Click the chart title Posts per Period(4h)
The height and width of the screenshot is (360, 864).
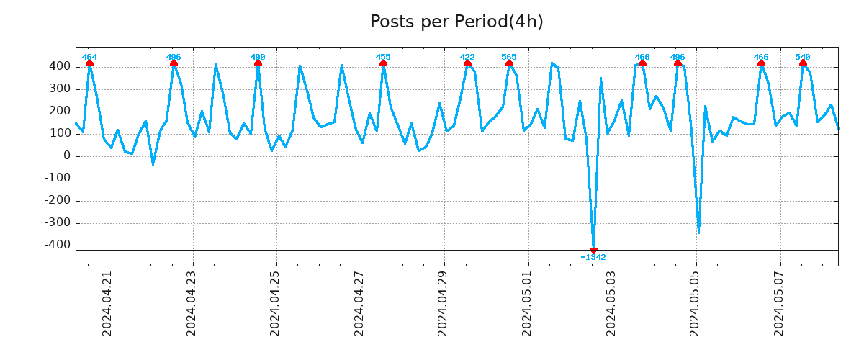point(456,22)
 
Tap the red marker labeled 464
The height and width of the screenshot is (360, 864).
point(89,63)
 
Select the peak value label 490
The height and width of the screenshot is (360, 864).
point(258,57)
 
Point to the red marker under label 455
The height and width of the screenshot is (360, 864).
point(383,63)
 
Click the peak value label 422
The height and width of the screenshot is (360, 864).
point(467,57)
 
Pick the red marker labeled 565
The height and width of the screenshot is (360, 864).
point(509,63)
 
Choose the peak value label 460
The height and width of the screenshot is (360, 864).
point(642,57)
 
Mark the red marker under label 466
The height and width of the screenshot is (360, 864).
point(761,63)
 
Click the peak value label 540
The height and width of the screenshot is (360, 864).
point(803,57)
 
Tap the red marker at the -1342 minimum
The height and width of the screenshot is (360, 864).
point(593,250)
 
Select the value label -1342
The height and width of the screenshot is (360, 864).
point(593,257)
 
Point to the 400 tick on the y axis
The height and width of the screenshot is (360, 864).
point(60,66)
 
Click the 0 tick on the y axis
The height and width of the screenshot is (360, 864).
point(66,156)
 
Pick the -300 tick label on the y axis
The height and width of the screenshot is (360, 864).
point(58,222)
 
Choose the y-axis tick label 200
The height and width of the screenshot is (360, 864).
point(60,111)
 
